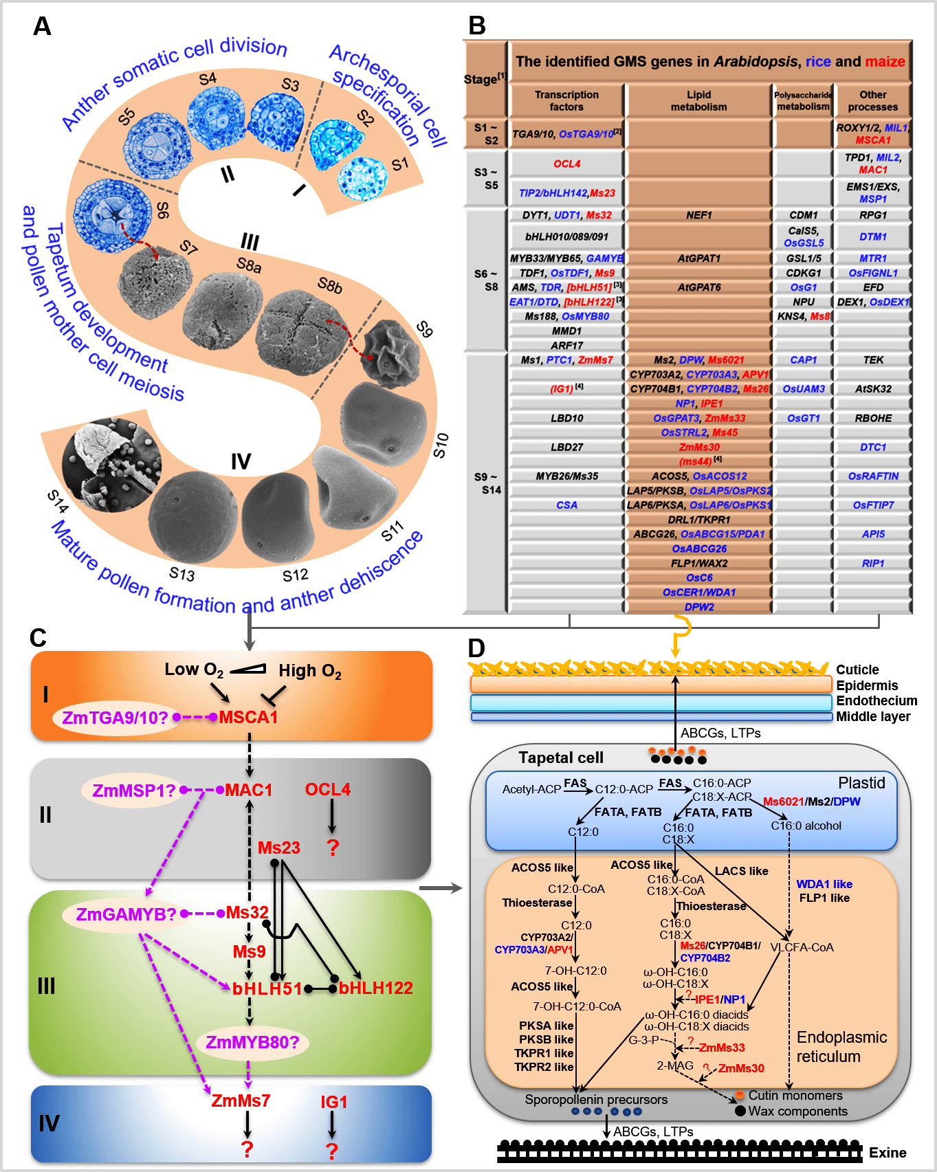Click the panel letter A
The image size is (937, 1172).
click(x=42, y=27)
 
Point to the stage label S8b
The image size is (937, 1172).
click(x=330, y=285)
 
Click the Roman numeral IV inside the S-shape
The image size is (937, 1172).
click(x=241, y=461)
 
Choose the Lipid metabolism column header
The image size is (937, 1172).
click(x=698, y=100)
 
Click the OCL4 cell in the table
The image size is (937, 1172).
click(x=566, y=164)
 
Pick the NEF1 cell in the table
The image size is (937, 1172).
click(x=698, y=215)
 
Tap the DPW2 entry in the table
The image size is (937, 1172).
click(x=698, y=607)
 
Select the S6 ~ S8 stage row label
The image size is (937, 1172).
click(x=485, y=280)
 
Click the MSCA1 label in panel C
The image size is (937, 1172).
click(x=248, y=718)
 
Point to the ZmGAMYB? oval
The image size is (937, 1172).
click(x=126, y=914)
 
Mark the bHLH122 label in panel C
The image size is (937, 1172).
click(x=375, y=988)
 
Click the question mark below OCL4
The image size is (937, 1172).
click(x=333, y=848)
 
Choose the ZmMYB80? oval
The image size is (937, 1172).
click(x=252, y=1042)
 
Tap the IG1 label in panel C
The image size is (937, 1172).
click(x=334, y=1102)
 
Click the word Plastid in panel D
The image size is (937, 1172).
click(x=861, y=783)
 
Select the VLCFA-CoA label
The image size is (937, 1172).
click(x=802, y=947)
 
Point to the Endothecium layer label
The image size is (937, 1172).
click(x=877, y=700)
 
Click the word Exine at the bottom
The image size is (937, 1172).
click(x=888, y=1153)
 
